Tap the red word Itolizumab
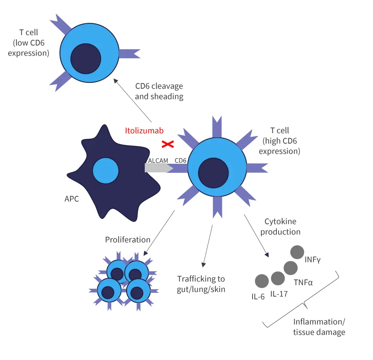tap(144, 131)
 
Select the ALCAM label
tap(158, 160)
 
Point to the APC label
tap(72, 199)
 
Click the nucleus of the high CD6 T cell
tap(213, 173)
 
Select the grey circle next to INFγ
tap(297, 252)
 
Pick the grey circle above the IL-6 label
tap(262, 281)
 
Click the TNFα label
tap(303, 282)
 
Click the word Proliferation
tap(128, 240)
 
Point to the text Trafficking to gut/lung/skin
tap(201, 284)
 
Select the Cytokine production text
tap(280, 226)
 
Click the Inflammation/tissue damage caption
tap(319, 327)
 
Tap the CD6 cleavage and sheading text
tap(159, 91)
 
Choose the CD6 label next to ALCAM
tap(181, 160)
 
